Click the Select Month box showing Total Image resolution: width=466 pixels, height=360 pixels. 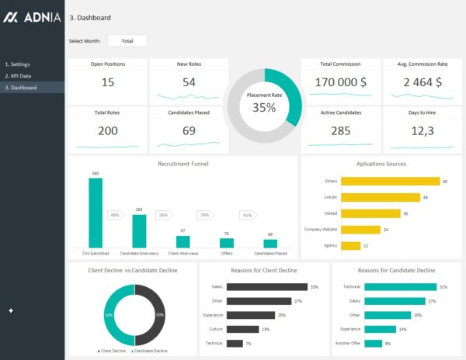[127, 40]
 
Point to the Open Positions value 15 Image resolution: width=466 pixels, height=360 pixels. [107, 82]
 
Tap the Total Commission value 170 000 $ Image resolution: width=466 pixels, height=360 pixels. [340, 81]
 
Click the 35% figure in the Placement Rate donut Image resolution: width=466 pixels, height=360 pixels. [264, 108]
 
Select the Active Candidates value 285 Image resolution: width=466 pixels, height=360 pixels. [340, 130]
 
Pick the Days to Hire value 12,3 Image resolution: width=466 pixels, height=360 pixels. [421, 130]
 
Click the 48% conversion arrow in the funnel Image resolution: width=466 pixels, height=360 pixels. [115, 215]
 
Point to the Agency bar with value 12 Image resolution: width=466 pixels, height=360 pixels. [350, 245]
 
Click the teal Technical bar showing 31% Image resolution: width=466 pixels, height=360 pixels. [398, 287]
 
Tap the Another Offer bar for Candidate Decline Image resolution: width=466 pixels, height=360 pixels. [373, 343]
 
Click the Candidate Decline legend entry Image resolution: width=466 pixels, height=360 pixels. [150, 351]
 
